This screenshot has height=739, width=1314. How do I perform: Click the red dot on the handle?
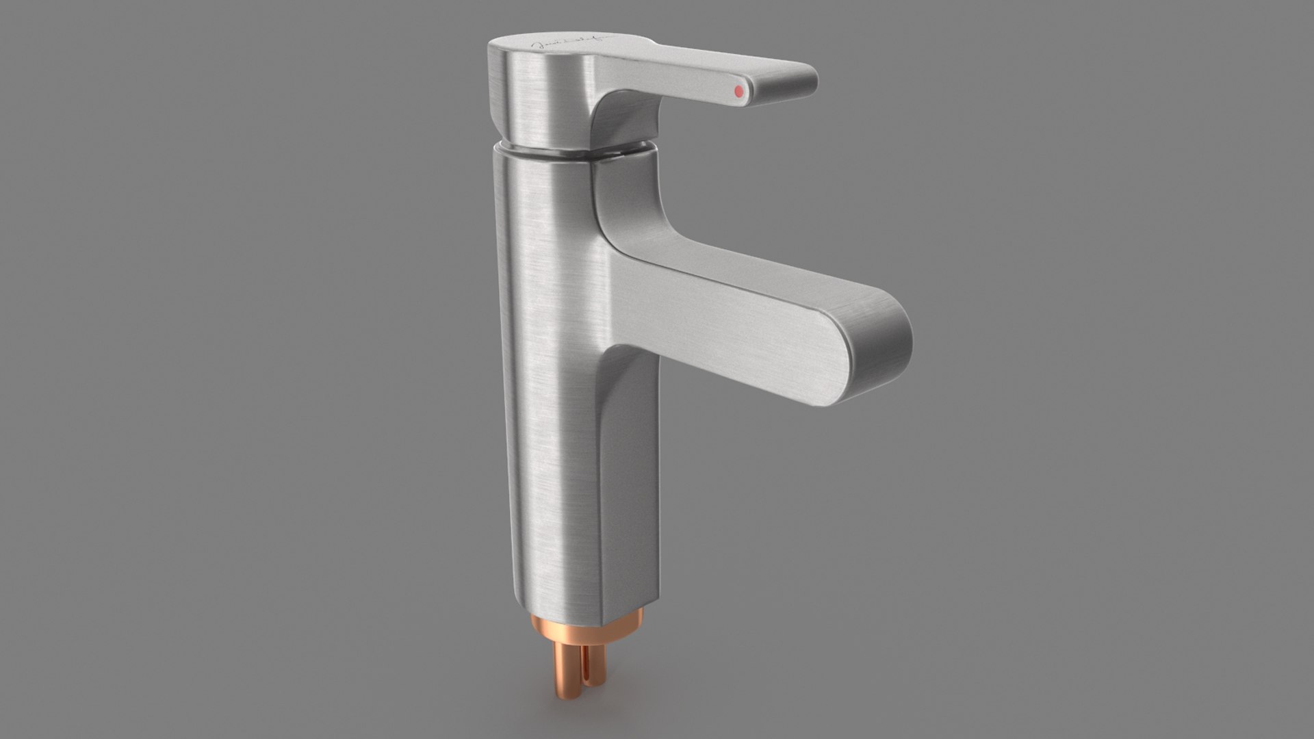point(738,90)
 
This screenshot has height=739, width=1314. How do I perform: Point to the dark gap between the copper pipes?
point(580,667)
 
